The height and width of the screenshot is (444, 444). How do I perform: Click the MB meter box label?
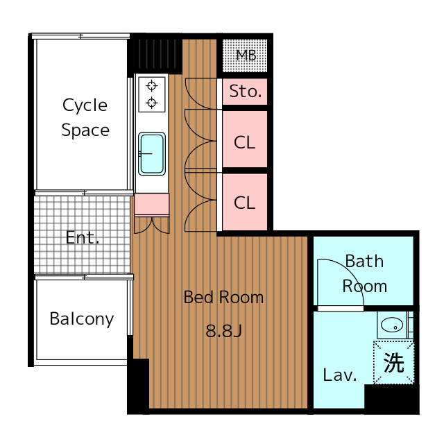[x=246, y=55]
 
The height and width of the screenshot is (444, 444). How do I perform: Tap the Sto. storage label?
[x=245, y=92]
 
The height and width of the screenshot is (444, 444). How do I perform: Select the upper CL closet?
[x=245, y=139]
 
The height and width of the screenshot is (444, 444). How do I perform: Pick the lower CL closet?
[x=245, y=202]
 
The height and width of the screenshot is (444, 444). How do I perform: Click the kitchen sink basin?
[x=152, y=154]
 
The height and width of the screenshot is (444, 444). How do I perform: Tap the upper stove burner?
[x=152, y=85]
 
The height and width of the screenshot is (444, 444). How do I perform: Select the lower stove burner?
[x=152, y=103]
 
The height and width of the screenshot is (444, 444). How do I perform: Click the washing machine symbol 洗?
[x=393, y=363]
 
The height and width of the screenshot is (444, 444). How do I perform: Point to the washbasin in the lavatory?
[x=392, y=325]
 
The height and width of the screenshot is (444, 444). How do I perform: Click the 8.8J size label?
[x=223, y=330]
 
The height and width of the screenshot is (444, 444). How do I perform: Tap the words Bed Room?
[x=223, y=298]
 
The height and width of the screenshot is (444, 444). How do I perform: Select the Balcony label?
[x=82, y=319]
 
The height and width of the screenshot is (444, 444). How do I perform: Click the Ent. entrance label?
[x=83, y=237]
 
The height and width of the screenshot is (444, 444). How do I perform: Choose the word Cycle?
[x=85, y=105]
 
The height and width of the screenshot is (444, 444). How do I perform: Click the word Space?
[x=85, y=130]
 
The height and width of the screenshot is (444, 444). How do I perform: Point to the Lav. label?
[x=340, y=375]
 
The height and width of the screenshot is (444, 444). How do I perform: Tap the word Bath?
[x=364, y=261]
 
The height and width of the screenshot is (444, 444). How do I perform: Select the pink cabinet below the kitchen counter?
[x=152, y=204]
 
